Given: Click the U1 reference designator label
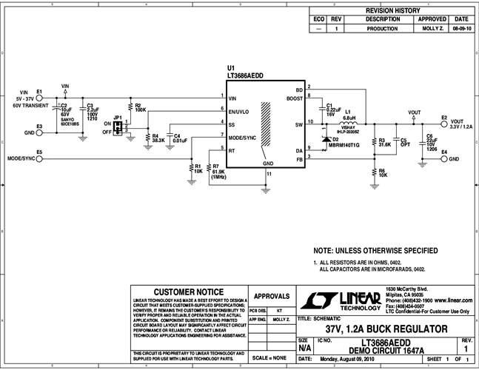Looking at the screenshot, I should [x=231, y=67].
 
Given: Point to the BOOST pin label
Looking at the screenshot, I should [x=293, y=98].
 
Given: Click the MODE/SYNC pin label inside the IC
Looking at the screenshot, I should [x=244, y=138].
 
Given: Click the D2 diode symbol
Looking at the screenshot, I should [x=324, y=138].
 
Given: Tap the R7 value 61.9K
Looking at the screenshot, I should [x=219, y=171].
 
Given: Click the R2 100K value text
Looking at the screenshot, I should [x=141, y=110].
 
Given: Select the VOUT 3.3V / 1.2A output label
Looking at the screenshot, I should [x=457, y=123].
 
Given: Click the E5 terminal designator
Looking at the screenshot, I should [x=39, y=152].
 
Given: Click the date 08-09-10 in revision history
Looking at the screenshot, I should [x=460, y=28].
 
